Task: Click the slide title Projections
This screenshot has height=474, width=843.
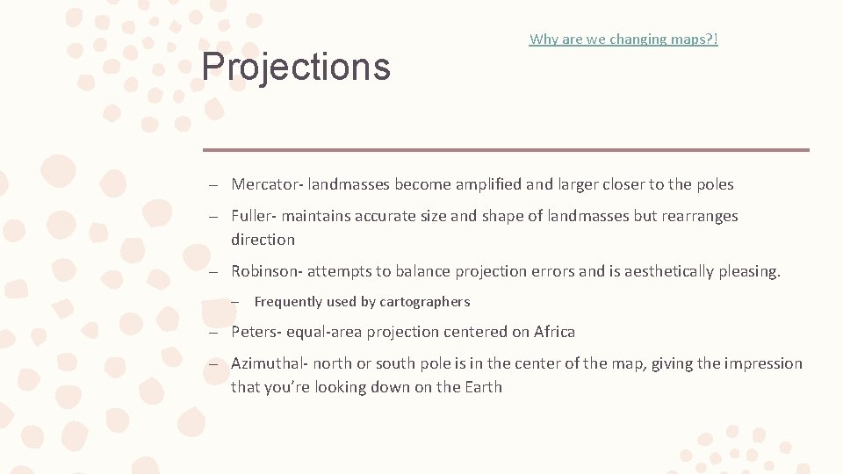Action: click(296, 67)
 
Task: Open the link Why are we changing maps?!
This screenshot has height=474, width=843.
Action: click(623, 39)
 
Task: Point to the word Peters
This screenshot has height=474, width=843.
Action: click(254, 332)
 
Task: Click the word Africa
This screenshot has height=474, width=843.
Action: click(554, 332)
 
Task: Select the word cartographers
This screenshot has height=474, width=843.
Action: click(425, 302)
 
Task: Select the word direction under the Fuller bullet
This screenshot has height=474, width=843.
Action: click(263, 240)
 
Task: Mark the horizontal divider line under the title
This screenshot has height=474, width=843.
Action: click(506, 150)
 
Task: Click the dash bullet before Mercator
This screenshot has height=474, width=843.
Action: click(213, 185)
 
